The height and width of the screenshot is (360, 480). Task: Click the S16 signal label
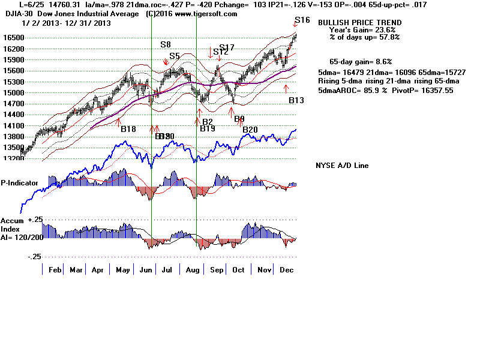pos(302,20)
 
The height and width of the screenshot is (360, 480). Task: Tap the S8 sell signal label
pos(166,44)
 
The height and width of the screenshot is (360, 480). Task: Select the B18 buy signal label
pos(128,128)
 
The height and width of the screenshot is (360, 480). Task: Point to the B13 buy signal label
pos(296,100)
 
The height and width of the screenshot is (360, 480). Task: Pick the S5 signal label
pos(175,56)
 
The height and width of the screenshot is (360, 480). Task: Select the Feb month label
pos(55,270)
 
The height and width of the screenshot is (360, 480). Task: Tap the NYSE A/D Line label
pos(342,166)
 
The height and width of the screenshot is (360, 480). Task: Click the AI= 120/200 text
pos(22,236)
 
